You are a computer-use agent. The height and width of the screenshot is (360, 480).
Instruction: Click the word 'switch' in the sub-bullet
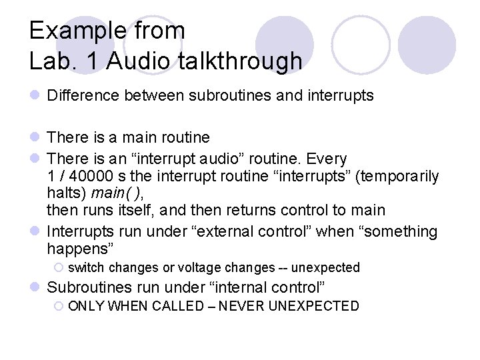tap(87, 267)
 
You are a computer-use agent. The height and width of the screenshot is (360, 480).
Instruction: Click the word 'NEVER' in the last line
tap(253, 306)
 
